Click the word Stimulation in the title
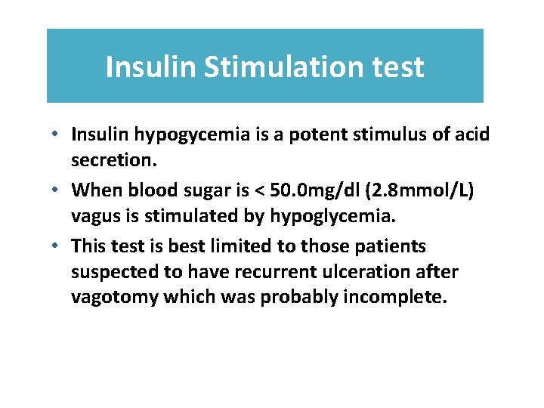click(275, 67)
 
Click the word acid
click(473, 134)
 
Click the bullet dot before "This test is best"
click(57, 246)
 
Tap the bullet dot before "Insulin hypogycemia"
click(57, 134)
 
